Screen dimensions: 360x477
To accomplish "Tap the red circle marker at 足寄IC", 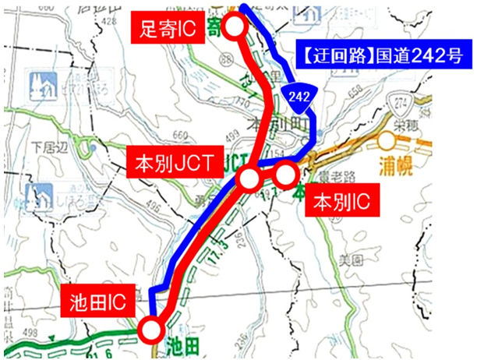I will coord(235,26).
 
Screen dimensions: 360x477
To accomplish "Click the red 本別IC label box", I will coord(341,203).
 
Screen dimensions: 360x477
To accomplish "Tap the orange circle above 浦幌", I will coord(387,140).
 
